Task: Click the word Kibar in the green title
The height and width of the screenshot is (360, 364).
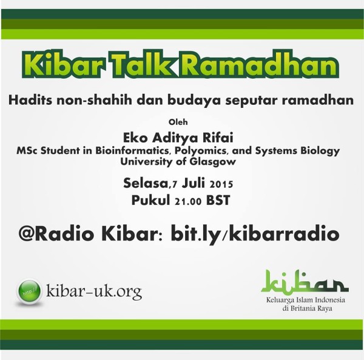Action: (62, 64)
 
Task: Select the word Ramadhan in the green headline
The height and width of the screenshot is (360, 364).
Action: (259, 64)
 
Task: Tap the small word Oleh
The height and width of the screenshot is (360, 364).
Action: (178, 122)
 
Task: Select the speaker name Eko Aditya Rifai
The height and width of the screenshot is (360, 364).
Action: (178, 138)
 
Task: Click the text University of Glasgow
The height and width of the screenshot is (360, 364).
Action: (178, 162)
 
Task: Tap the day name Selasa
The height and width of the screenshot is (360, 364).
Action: (146, 183)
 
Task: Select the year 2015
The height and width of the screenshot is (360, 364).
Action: (221, 184)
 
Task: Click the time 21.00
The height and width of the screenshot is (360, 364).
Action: (188, 201)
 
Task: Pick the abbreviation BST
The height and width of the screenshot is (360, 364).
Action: (218, 200)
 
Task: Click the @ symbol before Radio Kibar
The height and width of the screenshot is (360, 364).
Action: (27, 234)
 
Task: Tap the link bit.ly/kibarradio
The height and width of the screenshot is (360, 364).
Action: (255, 235)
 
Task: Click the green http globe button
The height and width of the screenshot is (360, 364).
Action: (30, 291)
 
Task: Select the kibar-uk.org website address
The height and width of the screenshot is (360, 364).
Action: (94, 292)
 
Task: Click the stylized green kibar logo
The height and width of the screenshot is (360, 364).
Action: (305, 282)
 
